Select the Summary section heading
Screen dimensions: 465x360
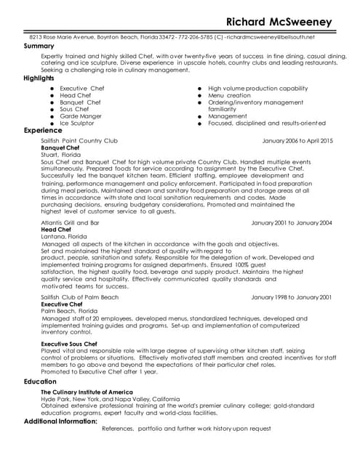click(x=39, y=46)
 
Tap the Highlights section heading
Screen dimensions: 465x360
click(x=39, y=78)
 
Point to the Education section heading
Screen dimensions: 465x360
click(x=40, y=381)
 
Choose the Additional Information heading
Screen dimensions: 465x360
click(x=61, y=421)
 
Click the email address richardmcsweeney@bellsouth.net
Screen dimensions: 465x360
click(x=271, y=36)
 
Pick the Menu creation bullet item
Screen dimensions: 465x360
click(x=229, y=95)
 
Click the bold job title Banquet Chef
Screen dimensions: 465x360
click(x=60, y=147)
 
